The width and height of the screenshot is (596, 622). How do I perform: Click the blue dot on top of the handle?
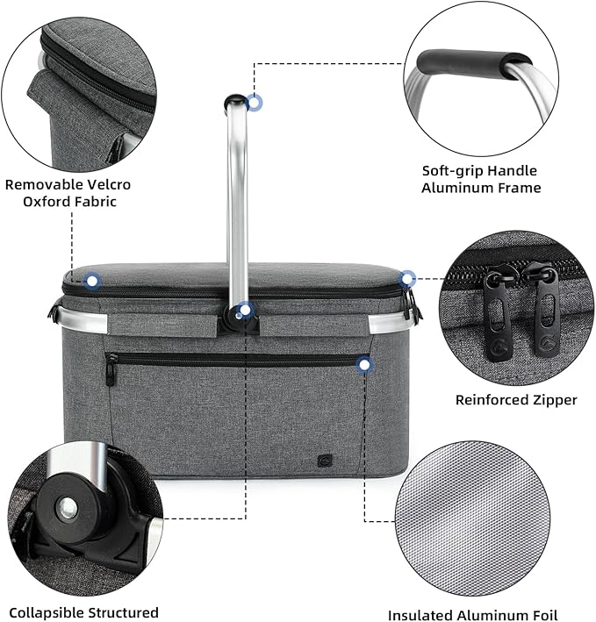point(255,103)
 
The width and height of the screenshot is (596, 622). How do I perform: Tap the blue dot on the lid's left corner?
point(93,282)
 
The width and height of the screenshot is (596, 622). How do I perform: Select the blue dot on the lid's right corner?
point(407,279)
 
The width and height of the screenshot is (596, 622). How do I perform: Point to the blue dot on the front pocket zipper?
point(364,363)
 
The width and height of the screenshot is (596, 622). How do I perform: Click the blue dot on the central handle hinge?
point(246,310)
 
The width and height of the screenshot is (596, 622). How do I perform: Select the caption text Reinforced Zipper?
point(516,400)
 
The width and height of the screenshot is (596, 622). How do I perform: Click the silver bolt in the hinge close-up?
point(67,507)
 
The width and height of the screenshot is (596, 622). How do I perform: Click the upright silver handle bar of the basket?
point(237,202)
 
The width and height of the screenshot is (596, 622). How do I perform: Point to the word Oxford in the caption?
point(48,202)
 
